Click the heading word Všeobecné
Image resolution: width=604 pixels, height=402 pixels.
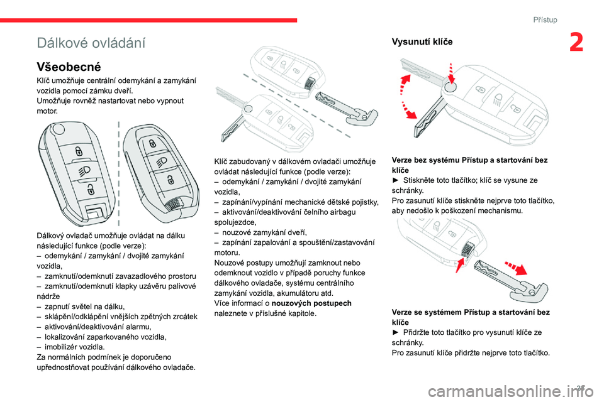click(69, 66)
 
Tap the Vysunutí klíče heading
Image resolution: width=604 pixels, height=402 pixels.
click(421, 42)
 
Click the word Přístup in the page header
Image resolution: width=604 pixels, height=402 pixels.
click(545, 19)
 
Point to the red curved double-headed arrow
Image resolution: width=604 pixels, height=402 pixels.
click(403, 96)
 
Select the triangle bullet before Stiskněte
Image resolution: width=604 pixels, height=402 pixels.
click(395, 180)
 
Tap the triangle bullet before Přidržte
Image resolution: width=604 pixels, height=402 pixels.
click(395, 332)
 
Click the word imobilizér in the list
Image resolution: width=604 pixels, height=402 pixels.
click(61, 347)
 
